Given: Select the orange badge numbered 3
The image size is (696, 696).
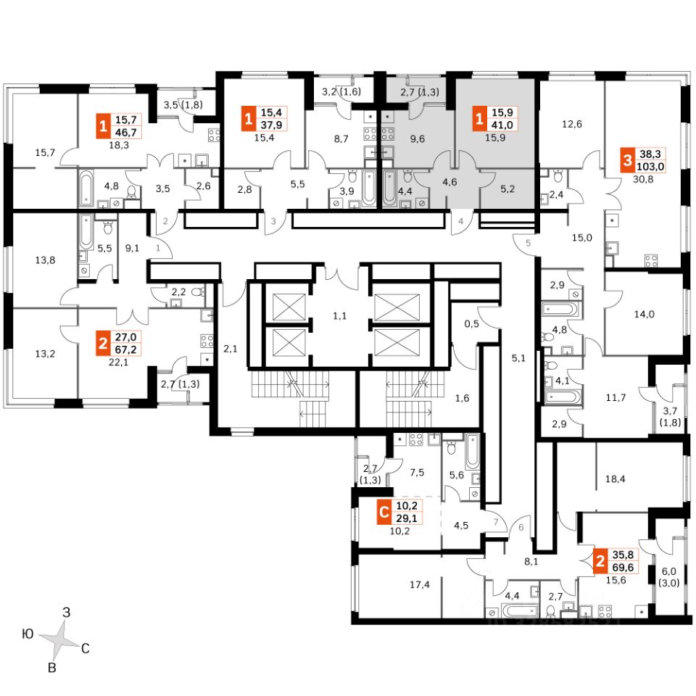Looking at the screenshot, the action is coord(626,159).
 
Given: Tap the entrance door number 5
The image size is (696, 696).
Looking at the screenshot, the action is coord(528,244).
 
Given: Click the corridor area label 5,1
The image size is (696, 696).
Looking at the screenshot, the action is coord(517,357).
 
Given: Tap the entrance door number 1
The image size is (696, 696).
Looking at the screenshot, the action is coord(158,247).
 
